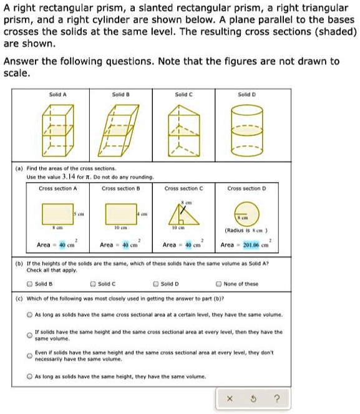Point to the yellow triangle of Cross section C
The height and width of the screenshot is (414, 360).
182,216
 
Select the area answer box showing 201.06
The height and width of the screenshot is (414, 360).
254,245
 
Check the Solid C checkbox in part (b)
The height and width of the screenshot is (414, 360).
93,284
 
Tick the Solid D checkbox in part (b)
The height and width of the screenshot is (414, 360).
155,284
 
